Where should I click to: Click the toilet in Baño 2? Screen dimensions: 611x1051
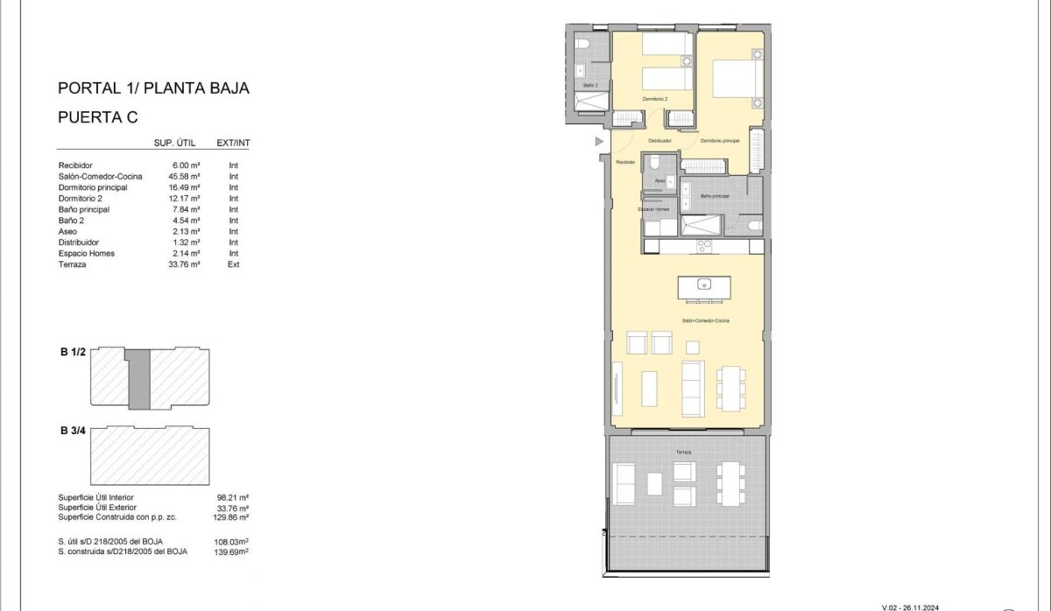[x=583, y=46]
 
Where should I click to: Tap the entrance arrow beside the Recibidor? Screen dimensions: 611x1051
[x=600, y=141]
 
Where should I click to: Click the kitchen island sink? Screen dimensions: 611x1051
[x=702, y=284]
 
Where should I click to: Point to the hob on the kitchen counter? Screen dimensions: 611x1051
[x=705, y=247]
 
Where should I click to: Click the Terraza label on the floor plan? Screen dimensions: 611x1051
[x=683, y=452]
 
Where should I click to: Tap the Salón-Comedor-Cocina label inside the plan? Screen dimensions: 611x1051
[x=706, y=321]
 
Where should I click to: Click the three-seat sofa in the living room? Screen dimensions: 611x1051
[x=693, y=388]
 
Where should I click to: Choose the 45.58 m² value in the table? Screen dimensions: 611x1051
[x=187, y=176]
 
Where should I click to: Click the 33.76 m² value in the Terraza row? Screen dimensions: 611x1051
[x=187, y=264]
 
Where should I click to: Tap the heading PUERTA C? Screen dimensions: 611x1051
[x=98, y=116]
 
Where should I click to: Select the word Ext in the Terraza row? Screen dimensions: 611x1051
[x=233, y=264]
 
